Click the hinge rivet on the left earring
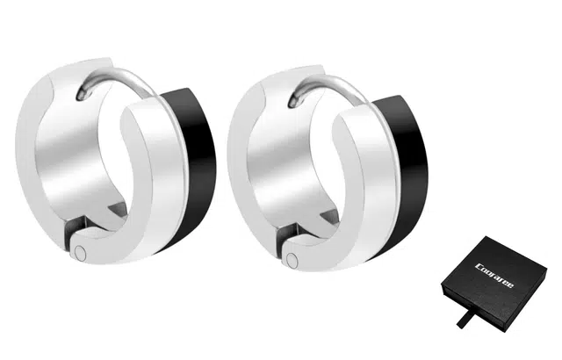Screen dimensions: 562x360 (81, 253)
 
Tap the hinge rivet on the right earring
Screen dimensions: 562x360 (292, 259)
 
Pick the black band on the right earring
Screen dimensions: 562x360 (407, 176)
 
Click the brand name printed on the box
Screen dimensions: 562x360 (494, 276)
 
